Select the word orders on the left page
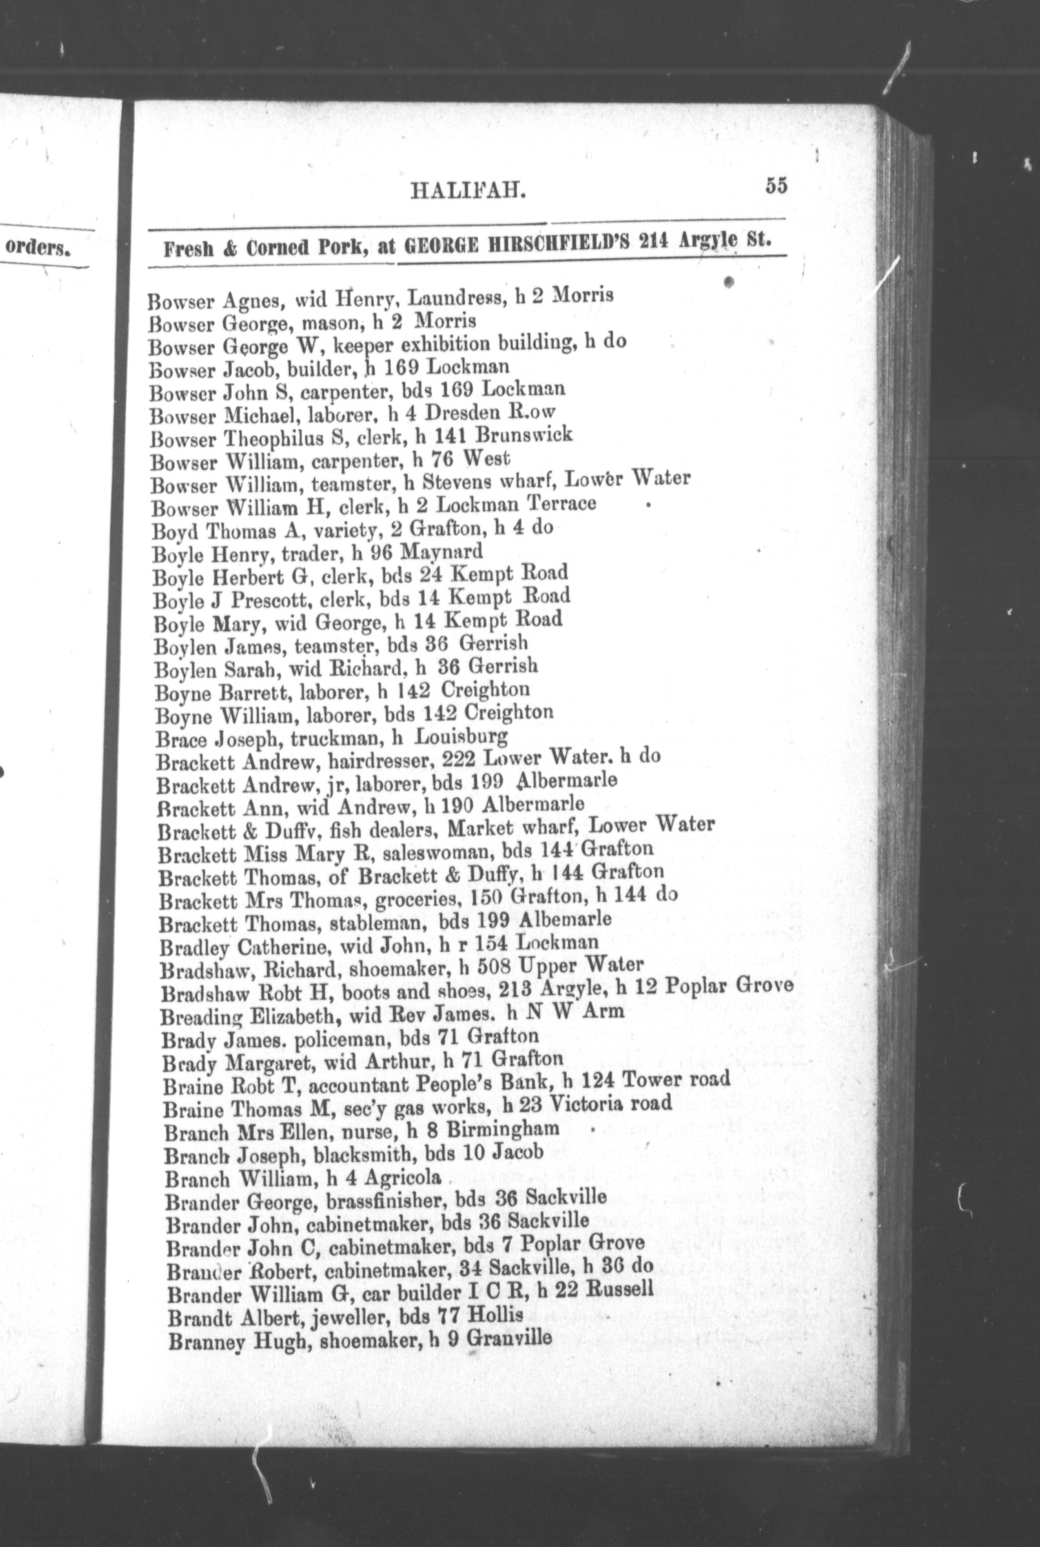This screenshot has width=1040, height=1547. point(38,249)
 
